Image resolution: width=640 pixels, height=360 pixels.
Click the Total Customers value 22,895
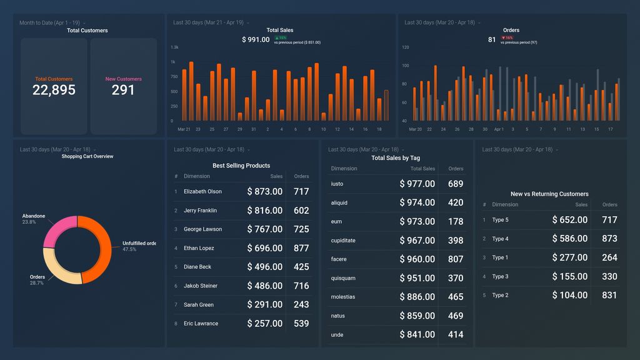[54, 90]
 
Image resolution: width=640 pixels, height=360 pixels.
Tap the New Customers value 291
[123, 90]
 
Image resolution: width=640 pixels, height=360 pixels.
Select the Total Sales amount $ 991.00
[256, 40]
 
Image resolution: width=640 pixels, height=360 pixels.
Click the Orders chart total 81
[492, 40]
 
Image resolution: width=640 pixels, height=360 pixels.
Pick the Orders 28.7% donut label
[37, 280]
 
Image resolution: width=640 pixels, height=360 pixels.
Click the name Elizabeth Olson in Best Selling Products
[202, 192]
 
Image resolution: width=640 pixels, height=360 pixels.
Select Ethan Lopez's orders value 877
[301, 248]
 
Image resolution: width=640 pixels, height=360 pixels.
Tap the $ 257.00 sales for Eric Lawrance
[264, 324]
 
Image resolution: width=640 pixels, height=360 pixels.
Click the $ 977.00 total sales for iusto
[417, 184]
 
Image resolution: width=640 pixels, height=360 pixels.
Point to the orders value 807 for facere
[456, 259]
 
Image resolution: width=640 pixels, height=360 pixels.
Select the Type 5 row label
[500, 220]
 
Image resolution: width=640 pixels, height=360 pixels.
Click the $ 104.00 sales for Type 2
[569, 296]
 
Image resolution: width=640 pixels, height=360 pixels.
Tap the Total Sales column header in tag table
[422, 169]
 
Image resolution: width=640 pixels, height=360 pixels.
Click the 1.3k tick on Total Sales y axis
[174, 47]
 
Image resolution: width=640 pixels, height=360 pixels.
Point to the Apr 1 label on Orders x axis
[499, 129]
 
